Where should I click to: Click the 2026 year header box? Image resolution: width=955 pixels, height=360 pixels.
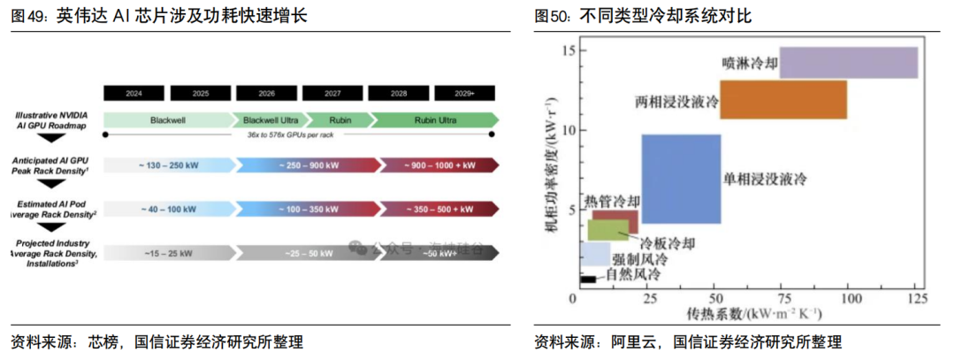267,93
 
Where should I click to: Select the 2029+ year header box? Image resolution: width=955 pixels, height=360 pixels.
465,93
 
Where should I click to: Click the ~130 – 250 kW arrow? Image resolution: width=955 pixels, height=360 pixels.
168,165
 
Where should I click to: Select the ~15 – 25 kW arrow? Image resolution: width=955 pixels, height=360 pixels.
168,253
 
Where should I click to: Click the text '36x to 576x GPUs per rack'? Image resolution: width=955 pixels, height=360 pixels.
298,135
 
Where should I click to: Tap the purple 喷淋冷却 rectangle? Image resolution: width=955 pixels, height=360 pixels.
848,63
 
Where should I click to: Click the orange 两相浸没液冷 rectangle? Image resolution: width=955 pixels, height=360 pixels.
783,99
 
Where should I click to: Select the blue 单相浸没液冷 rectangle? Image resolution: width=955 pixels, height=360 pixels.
681,179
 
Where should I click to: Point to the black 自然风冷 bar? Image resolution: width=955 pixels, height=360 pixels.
586,280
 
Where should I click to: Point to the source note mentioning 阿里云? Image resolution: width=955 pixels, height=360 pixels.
688,342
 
